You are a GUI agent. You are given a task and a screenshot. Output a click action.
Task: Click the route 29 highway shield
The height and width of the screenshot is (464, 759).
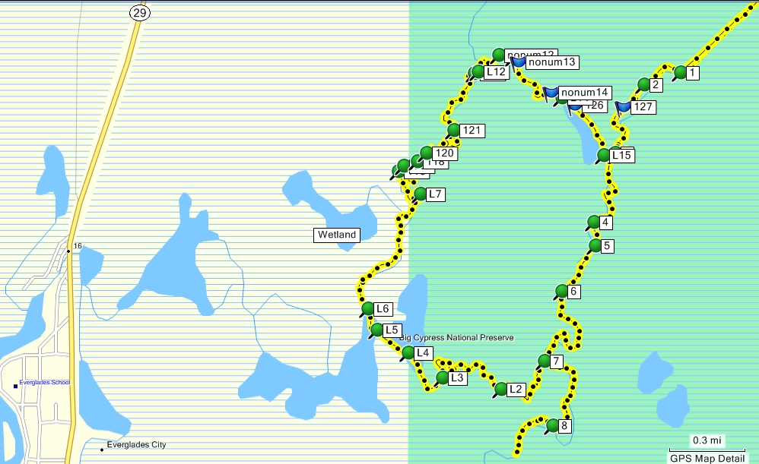point(137,12)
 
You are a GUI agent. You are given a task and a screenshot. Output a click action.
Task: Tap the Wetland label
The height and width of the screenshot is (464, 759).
point(336,235)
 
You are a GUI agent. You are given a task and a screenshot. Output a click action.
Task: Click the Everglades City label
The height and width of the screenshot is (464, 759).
point(136,445)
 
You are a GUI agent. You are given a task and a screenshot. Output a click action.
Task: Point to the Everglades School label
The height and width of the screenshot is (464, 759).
point(44,383)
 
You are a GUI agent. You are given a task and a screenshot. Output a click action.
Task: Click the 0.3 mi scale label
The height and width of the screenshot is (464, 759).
point(707,440)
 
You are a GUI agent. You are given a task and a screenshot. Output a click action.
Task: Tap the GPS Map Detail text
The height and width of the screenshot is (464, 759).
point(707,458)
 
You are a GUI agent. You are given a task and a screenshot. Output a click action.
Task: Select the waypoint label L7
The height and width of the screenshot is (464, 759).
point(435,194)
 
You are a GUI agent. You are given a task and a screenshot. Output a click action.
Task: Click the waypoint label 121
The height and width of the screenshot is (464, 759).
point(472,131)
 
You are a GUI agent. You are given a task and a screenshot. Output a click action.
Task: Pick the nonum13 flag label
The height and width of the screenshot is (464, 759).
point(553,62)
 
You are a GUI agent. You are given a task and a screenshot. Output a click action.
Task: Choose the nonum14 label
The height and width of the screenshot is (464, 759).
point(585,93)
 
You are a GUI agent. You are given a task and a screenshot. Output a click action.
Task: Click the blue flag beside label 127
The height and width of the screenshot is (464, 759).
point(624,106)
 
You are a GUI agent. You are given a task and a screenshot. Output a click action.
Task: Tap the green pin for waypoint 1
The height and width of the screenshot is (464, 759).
point(679,72)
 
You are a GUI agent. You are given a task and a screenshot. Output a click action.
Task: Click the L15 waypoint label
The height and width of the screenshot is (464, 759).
point(621,156)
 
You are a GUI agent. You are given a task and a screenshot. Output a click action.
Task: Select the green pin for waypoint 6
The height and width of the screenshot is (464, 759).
point(561,291)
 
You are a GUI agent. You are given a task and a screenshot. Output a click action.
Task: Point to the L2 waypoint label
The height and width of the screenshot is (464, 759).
point(516,390)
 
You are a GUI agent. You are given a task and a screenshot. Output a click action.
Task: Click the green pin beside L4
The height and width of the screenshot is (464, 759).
point(408,352)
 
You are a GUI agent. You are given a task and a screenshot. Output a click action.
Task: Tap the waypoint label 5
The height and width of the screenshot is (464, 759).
point(606,246)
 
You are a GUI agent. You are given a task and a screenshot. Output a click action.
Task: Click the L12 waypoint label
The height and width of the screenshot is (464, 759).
point(496,72)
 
